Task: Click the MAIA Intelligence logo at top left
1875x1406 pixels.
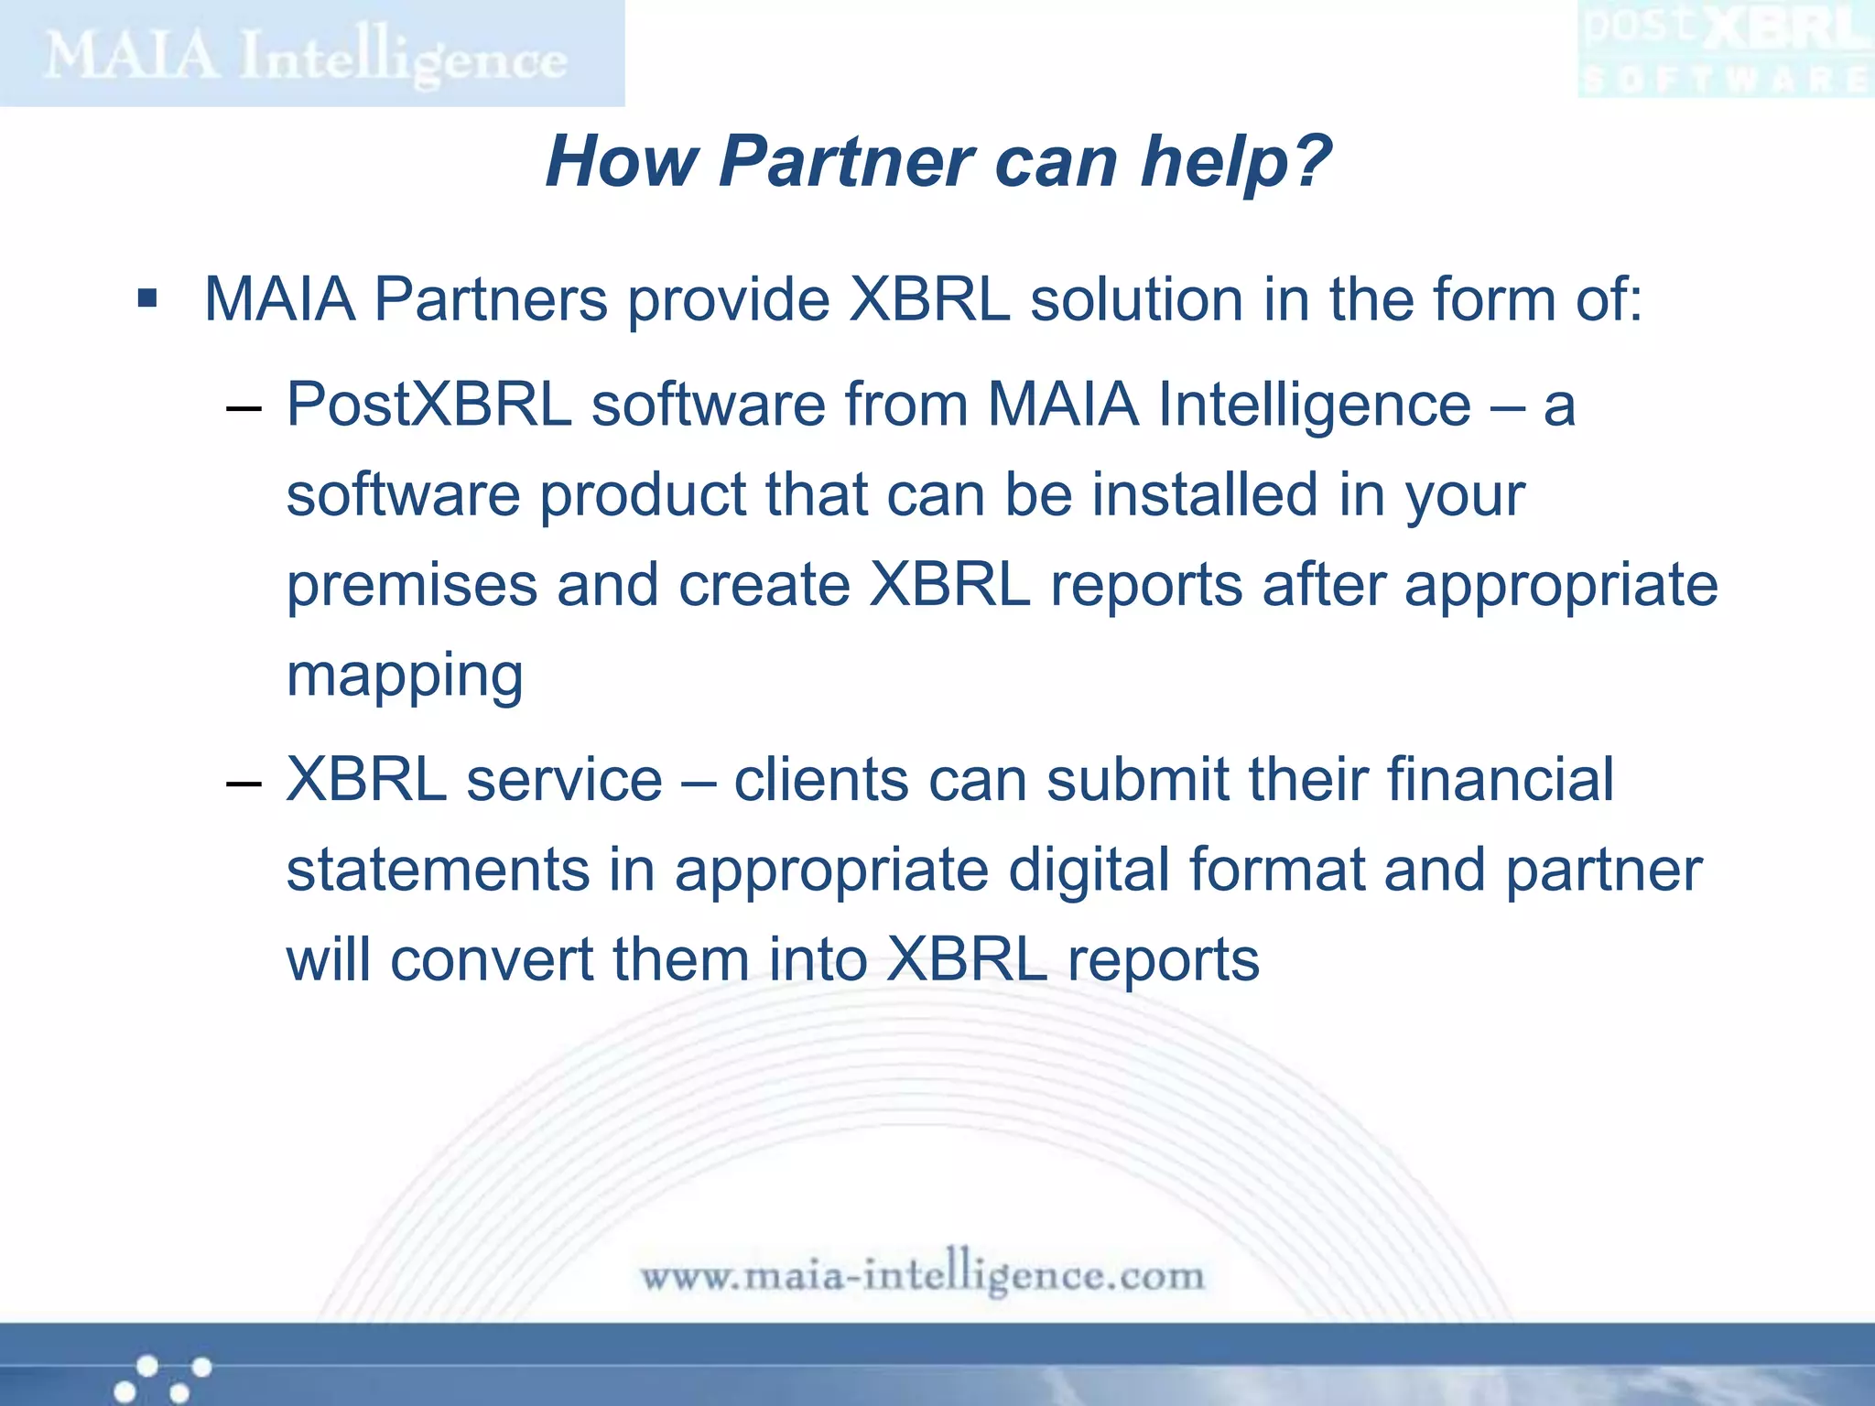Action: point(308,55)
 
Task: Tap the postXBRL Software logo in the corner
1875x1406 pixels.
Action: point(1725,51)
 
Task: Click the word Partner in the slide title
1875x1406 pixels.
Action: point(846,162)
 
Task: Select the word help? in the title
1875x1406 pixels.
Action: point(1235,162)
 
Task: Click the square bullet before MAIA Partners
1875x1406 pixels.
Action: point(147,299)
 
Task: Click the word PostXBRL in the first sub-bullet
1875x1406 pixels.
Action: point(428,405)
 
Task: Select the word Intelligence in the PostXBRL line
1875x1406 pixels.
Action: point(1314,405)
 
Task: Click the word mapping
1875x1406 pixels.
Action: point(405,677)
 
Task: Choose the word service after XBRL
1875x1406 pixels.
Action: point(564,780)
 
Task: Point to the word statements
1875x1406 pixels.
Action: point(438,870)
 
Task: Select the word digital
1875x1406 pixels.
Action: point(1089,870)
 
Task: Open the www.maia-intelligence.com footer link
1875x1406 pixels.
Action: point(922,1274)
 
